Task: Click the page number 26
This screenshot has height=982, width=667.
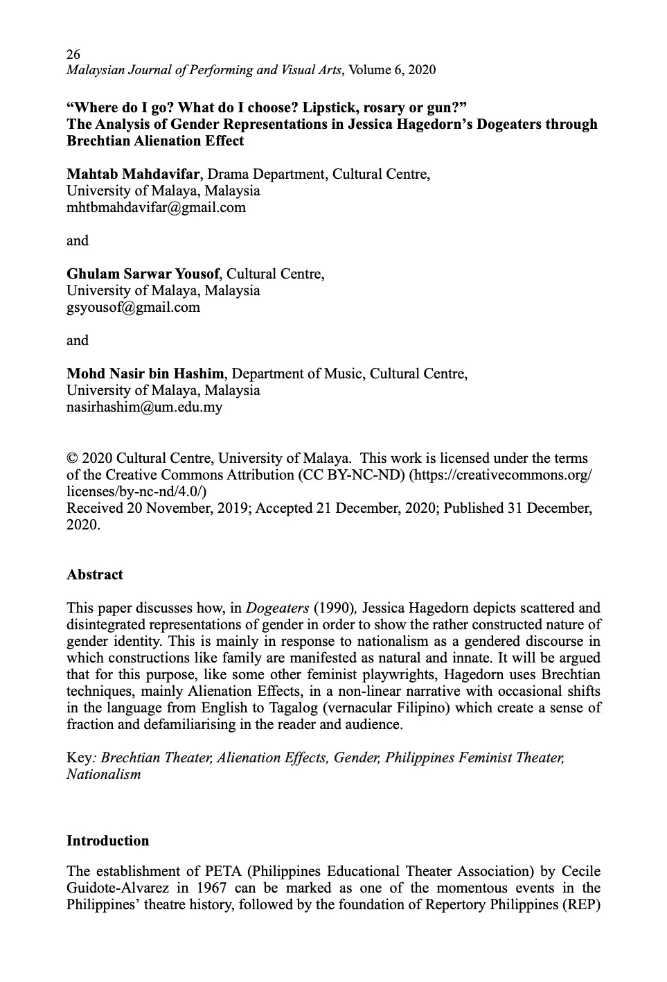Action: click(73, 53)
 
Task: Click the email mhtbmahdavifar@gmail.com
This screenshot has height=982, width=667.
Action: click(156, 207)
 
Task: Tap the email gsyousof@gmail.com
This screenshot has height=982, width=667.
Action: click(133, 307)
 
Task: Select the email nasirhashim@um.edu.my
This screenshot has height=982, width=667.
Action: click(144, 407)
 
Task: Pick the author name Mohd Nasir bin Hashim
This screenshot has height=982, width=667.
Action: click(148, 374)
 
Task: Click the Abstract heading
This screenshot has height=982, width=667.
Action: click(94, 575)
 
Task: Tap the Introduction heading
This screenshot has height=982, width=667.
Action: click(107, 841)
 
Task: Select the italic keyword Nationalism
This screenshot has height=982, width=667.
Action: click(103, 774)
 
